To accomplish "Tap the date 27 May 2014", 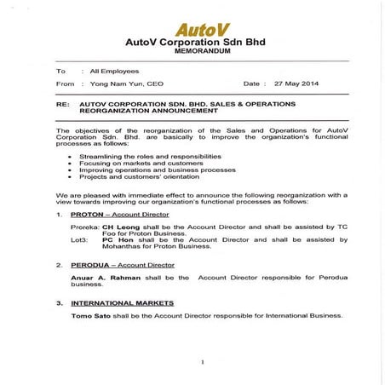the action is pos(297,84).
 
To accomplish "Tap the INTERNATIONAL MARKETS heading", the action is pos(122,303).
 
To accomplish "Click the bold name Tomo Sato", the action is pos(92,315).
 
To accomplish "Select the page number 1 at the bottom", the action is pos(202,362).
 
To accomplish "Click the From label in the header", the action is pos(65,84).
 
